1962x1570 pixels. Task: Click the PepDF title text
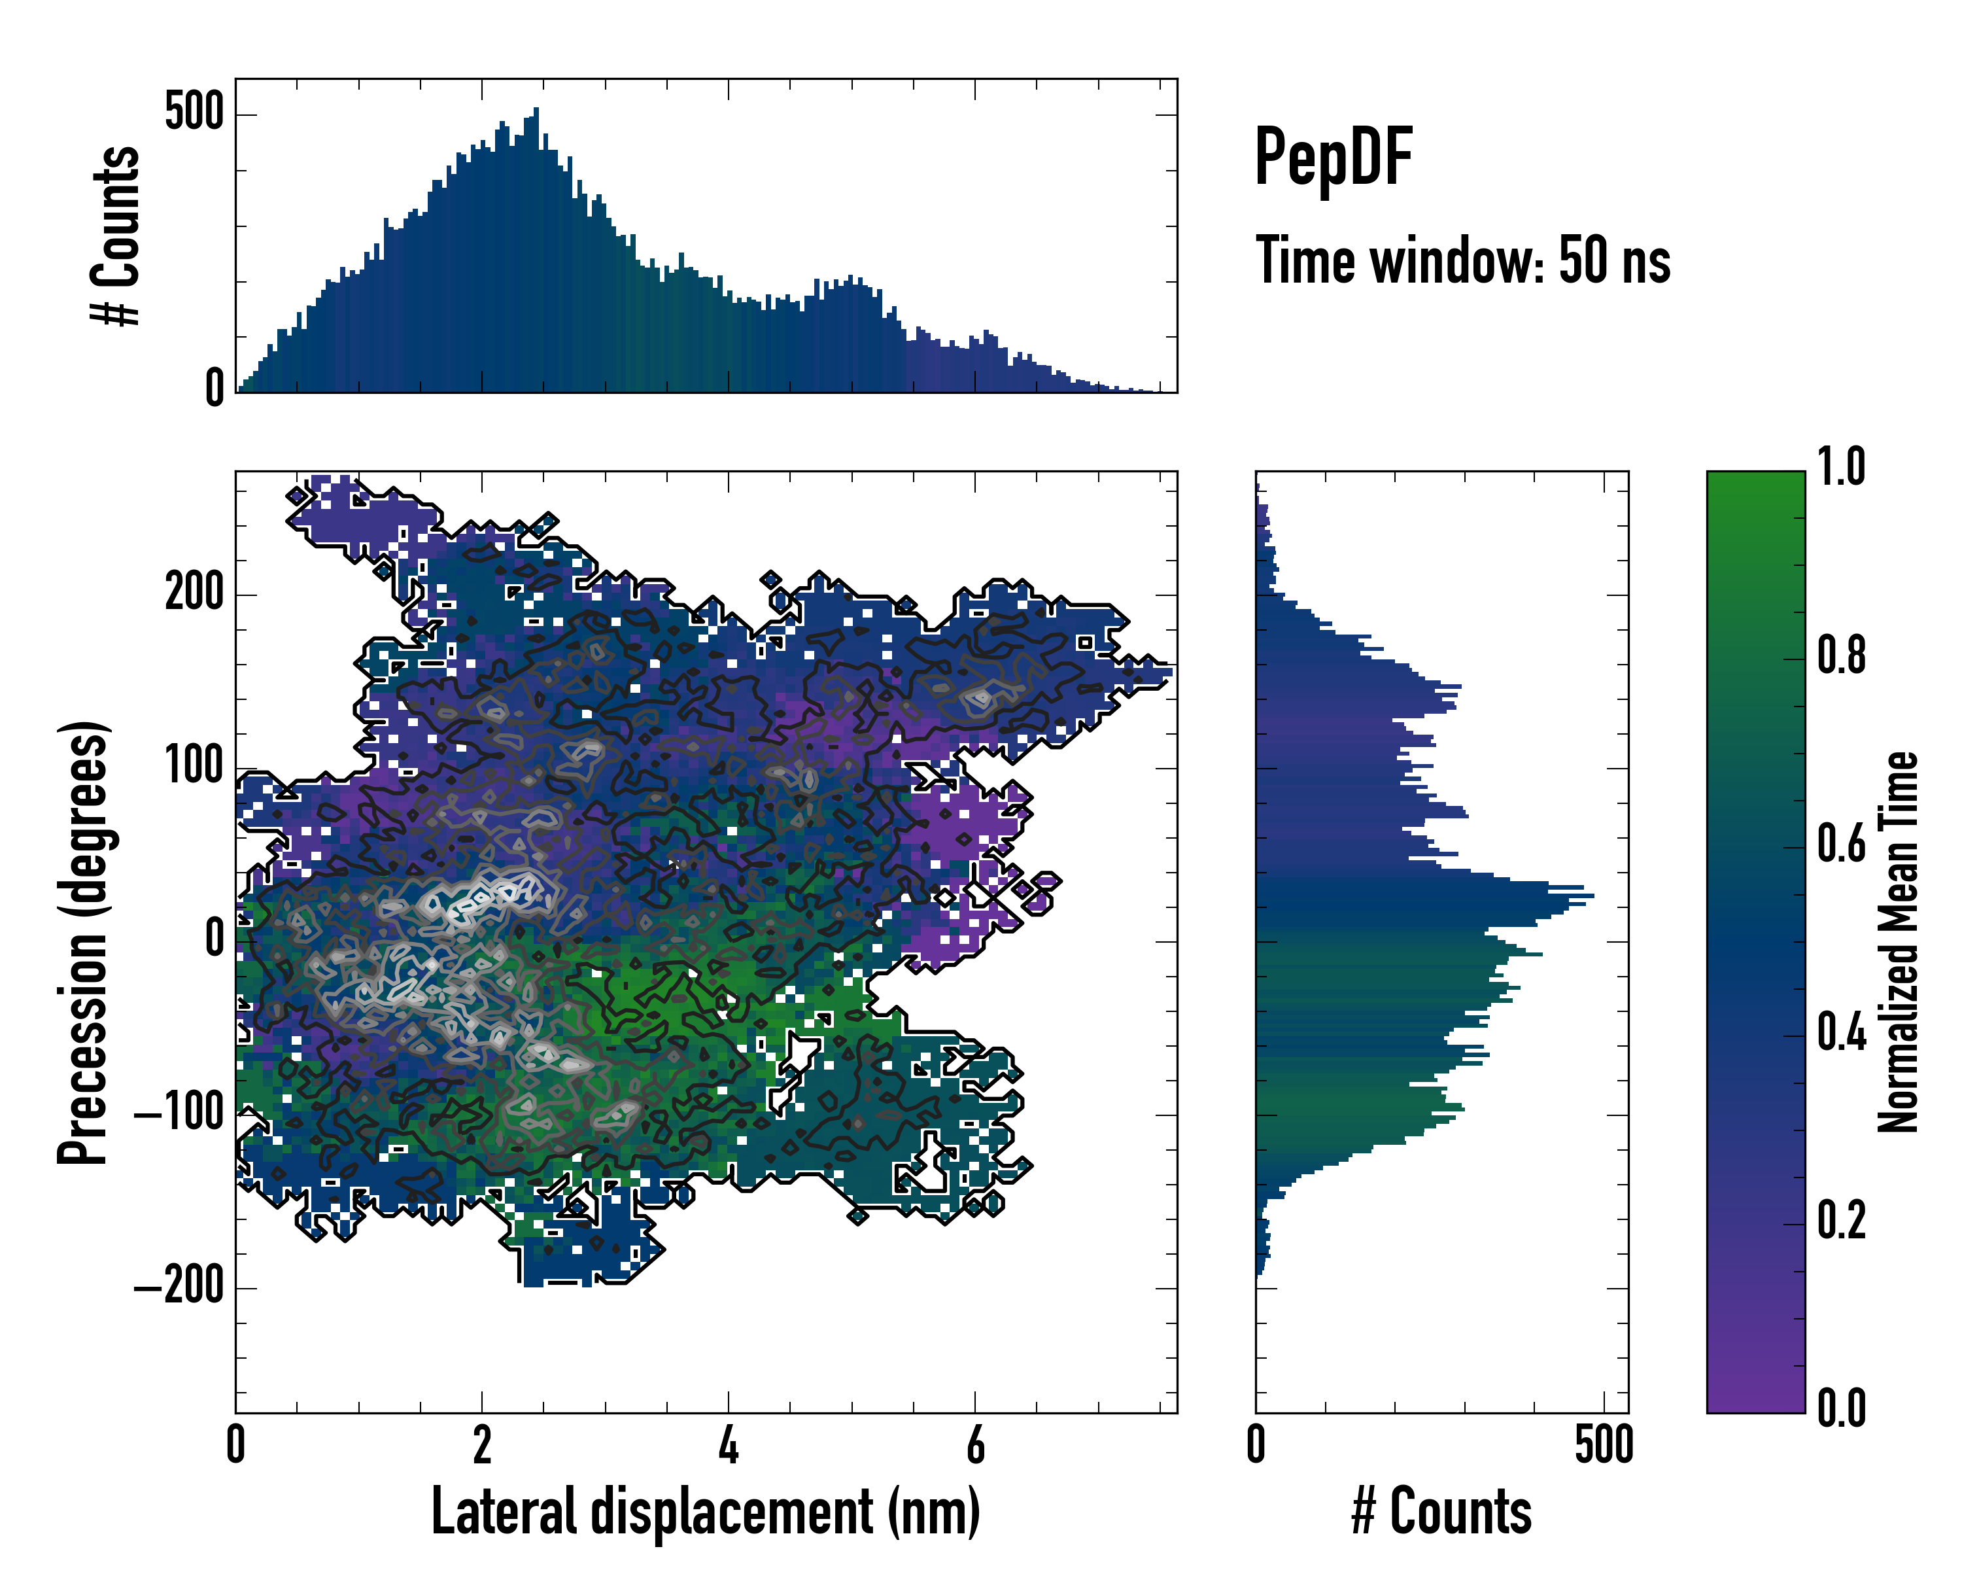(1333, 158)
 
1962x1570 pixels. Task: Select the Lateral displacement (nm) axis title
(705, 1512)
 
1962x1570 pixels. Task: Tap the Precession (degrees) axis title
(84, 941)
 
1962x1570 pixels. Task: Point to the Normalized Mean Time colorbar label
(1899, 941)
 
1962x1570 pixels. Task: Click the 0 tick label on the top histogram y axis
(214, 389)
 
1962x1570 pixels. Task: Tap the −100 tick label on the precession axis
(179, 1113)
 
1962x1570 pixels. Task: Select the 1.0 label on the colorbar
(1841, 468)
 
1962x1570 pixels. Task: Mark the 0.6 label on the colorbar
(1841, 844)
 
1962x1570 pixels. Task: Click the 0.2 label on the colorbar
(1841, 1221)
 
